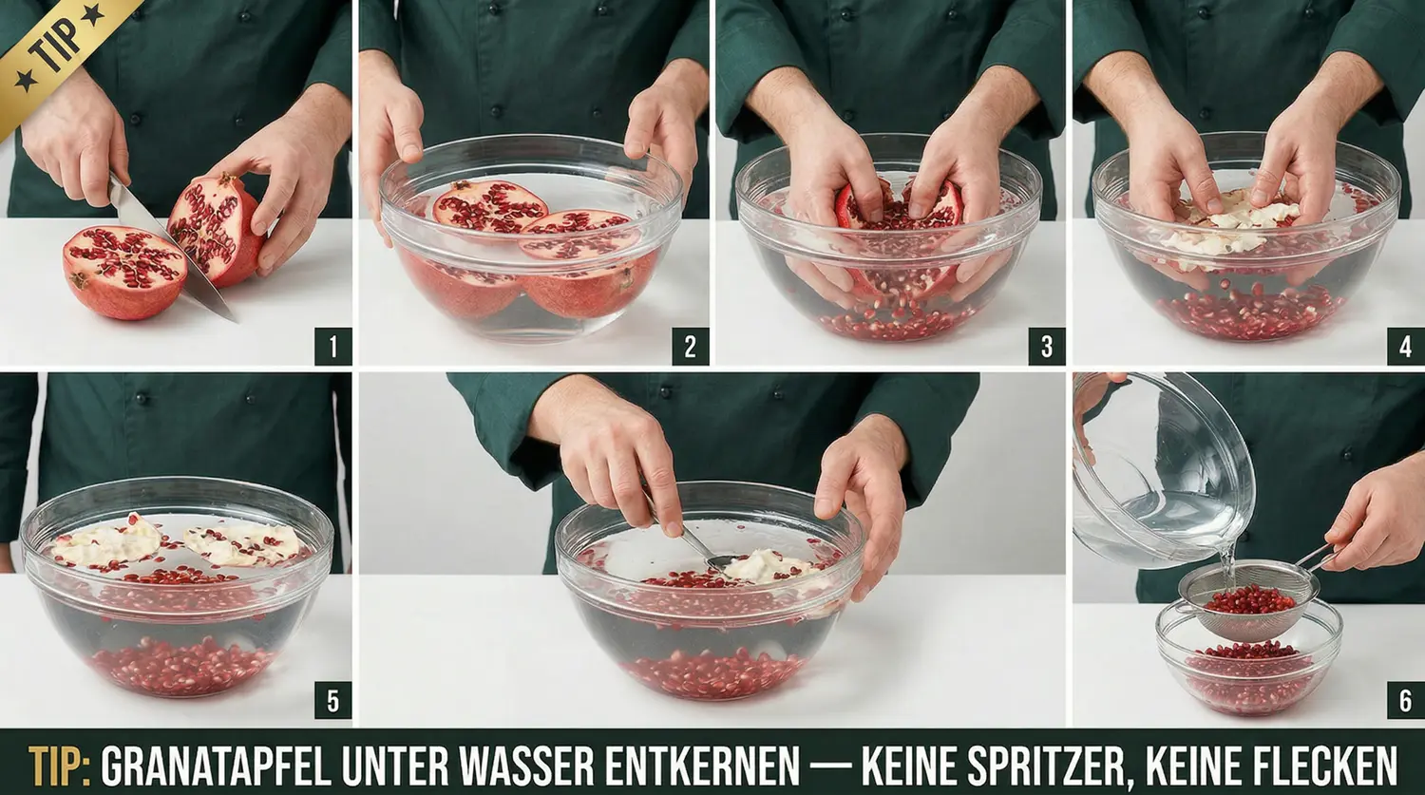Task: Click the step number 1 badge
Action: point(332,347)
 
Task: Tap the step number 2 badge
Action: point(691,347)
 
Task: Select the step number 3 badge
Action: point(1047,347)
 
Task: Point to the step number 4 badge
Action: point(1405,347)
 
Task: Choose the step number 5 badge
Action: point(332,700)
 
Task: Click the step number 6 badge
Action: point(1405,700)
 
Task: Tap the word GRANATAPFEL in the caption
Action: point(217,766)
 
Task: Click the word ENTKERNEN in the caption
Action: point(702,766)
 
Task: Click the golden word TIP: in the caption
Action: point(59,766)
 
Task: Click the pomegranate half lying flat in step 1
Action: point(124,273)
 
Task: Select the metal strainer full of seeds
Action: point(1246,600)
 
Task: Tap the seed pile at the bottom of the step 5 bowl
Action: point(181,667)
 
